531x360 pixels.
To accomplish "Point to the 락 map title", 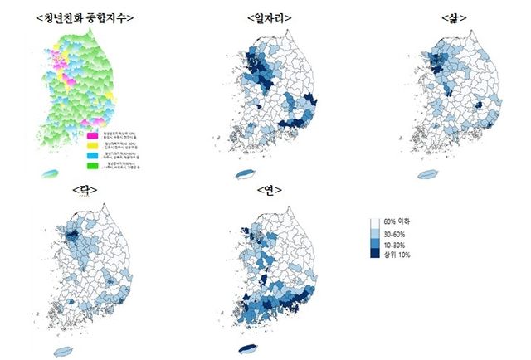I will point(85,190).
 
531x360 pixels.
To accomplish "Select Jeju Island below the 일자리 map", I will point(246,173).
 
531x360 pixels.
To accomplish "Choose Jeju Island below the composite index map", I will point(51,174).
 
